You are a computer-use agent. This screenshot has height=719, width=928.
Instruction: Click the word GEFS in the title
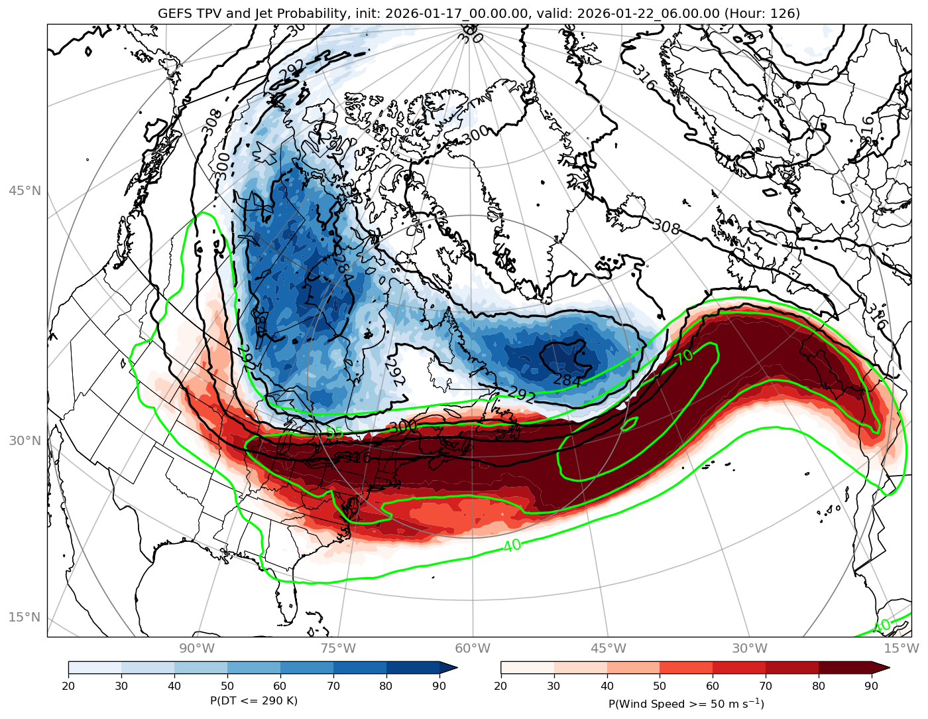tap(174, 13)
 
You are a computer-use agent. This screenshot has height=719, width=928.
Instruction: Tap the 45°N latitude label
tap(25, 191)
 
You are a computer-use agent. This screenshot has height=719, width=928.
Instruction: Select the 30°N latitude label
tap(25, 440)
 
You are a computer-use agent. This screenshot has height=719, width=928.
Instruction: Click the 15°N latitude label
tap(25, 617)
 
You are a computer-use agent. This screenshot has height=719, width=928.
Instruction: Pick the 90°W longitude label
tap(197, 648)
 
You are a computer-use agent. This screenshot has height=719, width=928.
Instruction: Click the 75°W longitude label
tap(338, 648)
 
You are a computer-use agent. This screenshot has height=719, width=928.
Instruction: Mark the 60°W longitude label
tap(473, 648)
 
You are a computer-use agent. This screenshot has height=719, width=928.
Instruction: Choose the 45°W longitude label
tap(609, 648)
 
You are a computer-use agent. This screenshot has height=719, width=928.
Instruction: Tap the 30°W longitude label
tap(750, 648)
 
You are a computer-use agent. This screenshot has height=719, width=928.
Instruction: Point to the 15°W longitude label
tap(900, 648)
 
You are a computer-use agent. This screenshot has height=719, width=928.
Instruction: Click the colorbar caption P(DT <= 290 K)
tap(254, 701)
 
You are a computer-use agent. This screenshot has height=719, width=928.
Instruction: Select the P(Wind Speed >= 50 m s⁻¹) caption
tap(686, 703)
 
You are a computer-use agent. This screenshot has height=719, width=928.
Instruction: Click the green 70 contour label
tap(685, 357)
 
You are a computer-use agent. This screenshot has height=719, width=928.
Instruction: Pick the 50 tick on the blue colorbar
tap(227, 686)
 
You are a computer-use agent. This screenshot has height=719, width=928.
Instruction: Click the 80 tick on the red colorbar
tap(819, 686)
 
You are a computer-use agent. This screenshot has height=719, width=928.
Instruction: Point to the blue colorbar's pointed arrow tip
tap(456, 667)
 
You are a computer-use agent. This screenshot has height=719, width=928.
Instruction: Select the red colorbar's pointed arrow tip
tap(888, 667)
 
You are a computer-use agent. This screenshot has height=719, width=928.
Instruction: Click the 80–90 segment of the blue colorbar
tap(413, 667)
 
